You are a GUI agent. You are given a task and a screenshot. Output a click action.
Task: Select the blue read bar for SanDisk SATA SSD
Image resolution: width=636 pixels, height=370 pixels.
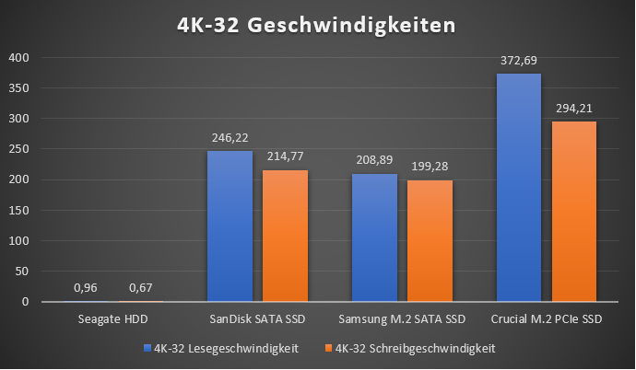pyautogui.click(x=230, y=225)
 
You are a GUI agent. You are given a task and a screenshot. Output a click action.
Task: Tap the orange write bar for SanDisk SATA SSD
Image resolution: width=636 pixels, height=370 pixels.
pyautogui.click(x=286, y=236)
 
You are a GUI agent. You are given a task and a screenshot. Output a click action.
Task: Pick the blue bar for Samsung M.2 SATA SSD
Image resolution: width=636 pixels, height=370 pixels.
pyautogui.click(x=374, y=237)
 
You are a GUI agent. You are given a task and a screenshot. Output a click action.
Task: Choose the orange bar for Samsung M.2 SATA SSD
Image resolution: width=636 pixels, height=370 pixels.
pyautogui.click(x=430, y=240)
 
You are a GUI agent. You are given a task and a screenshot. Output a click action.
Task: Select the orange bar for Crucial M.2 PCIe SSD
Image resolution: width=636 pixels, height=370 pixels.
pyautogui.click(x=574, y=211)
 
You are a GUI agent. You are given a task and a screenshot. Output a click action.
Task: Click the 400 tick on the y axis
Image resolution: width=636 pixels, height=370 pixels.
pyautogui.click(x=20, y=58)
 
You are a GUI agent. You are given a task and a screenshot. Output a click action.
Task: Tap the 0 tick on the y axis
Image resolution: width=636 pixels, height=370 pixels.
pyautogui.click(x=26, y=301)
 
